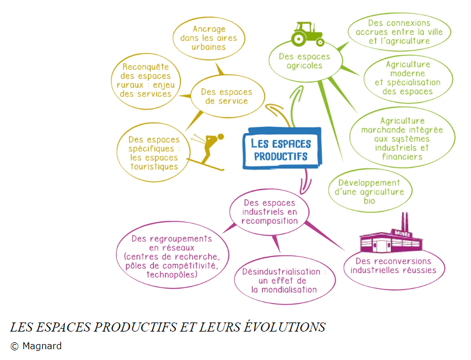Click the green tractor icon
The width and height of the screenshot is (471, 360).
[x=307, y=34]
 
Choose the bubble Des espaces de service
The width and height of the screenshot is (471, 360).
[x=226, y=96]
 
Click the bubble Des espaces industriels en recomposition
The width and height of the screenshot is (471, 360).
[x=270, y=212]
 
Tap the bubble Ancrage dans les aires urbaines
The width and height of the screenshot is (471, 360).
[x=209, y=38]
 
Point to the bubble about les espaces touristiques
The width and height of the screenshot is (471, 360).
[x=154, y=153]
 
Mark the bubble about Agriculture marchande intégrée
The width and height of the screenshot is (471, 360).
[x=402, y=139]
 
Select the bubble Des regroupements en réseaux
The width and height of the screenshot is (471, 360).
[x=172, y=257]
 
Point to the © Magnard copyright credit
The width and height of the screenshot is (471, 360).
[x=36, y=346]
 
